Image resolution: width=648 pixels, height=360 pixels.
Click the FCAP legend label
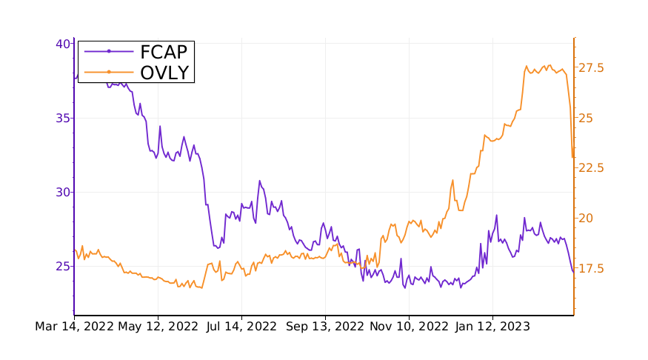coord(164,51)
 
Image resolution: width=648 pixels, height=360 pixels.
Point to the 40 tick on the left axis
coord(63,44)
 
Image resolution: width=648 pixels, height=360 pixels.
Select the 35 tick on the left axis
coord(63,118)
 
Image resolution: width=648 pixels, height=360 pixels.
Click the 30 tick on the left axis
coord(63,192)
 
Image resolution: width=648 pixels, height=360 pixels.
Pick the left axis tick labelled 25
coord(63,266)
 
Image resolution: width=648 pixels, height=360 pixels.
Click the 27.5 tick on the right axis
coord(591,68)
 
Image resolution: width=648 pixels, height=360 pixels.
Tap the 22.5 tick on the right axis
coord(591,167)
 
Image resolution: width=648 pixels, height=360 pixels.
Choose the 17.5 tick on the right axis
coord(591,267)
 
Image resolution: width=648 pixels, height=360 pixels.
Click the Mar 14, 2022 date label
coord(74,326)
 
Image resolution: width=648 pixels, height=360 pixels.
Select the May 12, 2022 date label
coord(158,326)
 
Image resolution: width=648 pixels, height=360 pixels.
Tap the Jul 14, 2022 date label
coord(241,326)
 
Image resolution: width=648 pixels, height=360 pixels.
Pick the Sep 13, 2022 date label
coord(325,326)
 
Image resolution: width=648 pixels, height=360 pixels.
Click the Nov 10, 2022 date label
coord(409,326)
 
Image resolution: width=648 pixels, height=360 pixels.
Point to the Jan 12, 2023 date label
coord(492,326)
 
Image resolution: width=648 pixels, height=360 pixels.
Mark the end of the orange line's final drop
coord(573,157)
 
